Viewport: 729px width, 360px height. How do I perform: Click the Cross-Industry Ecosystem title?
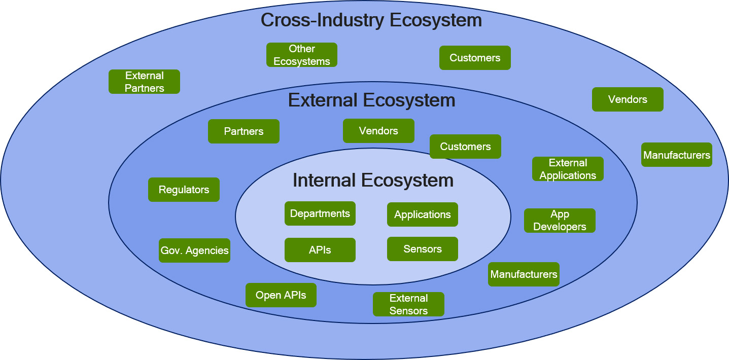point(371,20)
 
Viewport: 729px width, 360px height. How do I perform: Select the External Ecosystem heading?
point(371,100)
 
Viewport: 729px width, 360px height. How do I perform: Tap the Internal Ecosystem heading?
point(373,180)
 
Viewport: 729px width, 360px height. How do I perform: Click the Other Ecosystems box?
point(302,55)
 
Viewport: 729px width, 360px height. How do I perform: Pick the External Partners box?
point(145,82)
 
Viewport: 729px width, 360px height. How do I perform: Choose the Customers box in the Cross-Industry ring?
point(475,58)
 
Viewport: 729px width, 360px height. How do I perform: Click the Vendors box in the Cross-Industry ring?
point(628,99)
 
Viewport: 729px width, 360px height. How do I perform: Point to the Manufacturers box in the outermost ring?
point(677,155)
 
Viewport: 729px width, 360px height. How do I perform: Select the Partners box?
point(244,131)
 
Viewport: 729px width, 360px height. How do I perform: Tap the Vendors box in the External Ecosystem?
point(378,131)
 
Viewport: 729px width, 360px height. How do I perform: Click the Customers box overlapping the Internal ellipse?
point(465,147)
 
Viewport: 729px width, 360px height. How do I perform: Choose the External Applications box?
point(568,169)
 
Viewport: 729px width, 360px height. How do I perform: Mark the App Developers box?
point(560,221)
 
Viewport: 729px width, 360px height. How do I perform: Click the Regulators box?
point(184,190)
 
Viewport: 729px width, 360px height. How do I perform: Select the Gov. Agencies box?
point(194,250)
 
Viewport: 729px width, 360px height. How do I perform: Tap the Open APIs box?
point(281,295)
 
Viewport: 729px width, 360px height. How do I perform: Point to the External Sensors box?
point(408,304)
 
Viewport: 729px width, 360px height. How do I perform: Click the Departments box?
point(320,213)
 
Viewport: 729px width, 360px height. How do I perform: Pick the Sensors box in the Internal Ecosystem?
point(423,249)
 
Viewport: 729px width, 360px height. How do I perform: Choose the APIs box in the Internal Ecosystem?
point(320,250)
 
